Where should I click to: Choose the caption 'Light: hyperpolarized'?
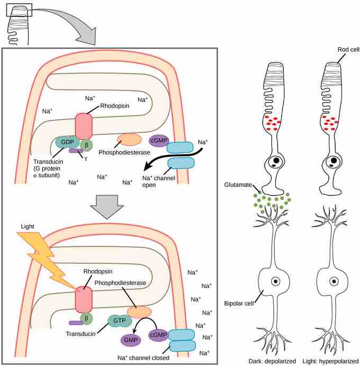coord(332,361)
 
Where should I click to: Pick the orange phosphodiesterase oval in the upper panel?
coord(129,140)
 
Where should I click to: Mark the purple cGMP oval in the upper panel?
coord(158,140)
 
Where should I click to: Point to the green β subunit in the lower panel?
coord(87,317)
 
